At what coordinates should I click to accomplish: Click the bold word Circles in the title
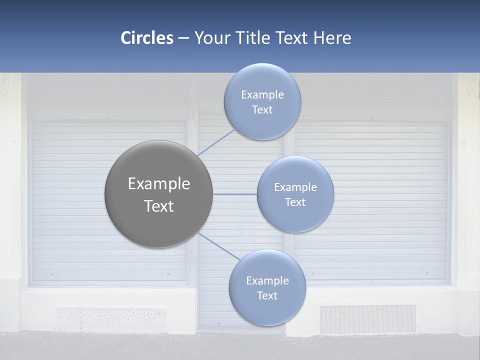146,38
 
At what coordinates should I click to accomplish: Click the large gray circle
158,194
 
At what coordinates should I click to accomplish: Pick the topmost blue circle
262,102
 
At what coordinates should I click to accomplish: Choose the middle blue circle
295,194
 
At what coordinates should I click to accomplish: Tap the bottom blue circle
267,288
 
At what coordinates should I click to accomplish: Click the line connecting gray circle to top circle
216,142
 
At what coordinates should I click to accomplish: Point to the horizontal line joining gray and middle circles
234,194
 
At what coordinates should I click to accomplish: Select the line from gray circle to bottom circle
218,246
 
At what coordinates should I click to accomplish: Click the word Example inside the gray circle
158,183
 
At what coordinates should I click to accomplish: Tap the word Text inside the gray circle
158,206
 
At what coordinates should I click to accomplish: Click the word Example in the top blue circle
262,94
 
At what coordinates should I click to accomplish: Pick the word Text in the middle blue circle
295,202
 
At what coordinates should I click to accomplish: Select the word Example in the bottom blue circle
267,280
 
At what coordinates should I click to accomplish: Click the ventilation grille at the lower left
110,320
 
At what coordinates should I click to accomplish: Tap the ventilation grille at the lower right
368,319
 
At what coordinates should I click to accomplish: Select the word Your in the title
211,38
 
